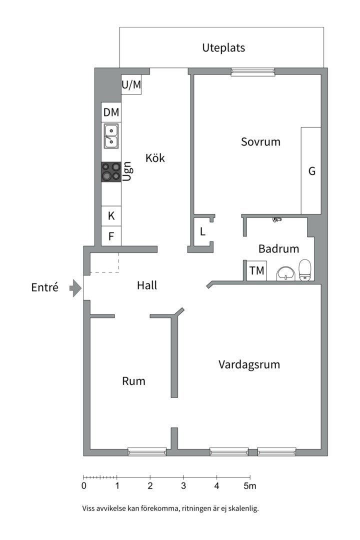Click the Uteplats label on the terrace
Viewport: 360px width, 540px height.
(x=223, y=48)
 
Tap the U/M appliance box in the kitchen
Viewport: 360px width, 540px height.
(x=131, y=85)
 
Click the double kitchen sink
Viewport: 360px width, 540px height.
(x=111, y=136)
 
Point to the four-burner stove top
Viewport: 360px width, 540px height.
(x=111, y=171)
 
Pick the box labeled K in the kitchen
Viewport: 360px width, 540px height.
(x=111, y=216)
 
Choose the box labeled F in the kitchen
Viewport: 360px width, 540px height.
(x=111, y=236)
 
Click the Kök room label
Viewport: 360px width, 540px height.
(x=155, y=158)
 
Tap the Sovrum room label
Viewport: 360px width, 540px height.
(x=260, y=142)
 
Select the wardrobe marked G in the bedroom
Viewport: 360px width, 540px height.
(x=311, y=171)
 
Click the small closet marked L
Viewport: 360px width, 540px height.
(x=202, y=232)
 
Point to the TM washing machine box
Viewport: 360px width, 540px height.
(x=256, y=271)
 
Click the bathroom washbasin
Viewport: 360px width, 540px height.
(x=285, y=273)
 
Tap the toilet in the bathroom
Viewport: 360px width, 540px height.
(x=305, y=270)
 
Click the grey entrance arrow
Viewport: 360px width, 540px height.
(x=75, y=288)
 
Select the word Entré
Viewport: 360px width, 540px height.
(x=45, y=288)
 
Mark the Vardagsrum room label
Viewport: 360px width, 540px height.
(x=249, y=364)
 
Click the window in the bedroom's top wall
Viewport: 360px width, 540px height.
(x=253, y=72)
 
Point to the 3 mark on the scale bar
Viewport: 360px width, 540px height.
(x=183, y=477)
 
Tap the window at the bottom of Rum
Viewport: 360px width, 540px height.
(x=147, y=451)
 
